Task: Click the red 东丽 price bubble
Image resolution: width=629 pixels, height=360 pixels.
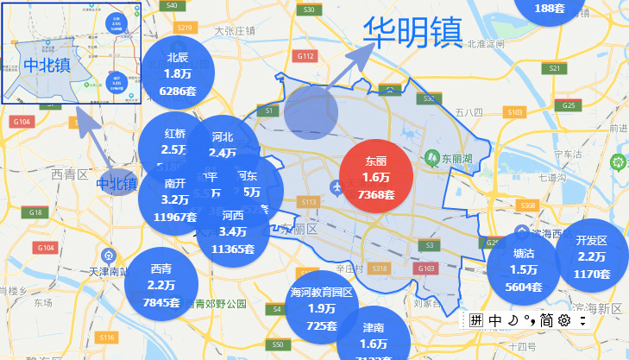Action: [x=376, y=176]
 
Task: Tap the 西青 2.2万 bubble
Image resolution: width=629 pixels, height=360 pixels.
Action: [x=161, y=281]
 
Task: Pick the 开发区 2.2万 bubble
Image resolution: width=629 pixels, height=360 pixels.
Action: [x=592, y=256]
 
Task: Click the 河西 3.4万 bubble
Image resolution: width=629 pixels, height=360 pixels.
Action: [x=232, y=231]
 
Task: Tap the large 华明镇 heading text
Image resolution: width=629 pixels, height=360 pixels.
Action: [x=412, y=33]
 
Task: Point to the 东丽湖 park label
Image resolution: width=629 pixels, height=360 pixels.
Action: [x=456, y=159]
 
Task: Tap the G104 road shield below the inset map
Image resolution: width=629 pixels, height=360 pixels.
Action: [x=22, y=122]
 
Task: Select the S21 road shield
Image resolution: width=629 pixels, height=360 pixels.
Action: [x=555, y=68]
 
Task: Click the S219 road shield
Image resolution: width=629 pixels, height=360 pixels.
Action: [x=183, y=28]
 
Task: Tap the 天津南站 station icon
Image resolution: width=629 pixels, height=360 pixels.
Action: [x=109, y=256]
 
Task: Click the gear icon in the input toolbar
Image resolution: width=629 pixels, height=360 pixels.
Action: [x=564, y=320]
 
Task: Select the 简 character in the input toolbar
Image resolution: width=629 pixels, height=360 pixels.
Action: [x=546, y=320]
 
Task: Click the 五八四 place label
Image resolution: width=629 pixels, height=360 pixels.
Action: [x=470, y=112]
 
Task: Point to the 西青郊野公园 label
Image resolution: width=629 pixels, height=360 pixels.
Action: [x=208, y=304]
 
